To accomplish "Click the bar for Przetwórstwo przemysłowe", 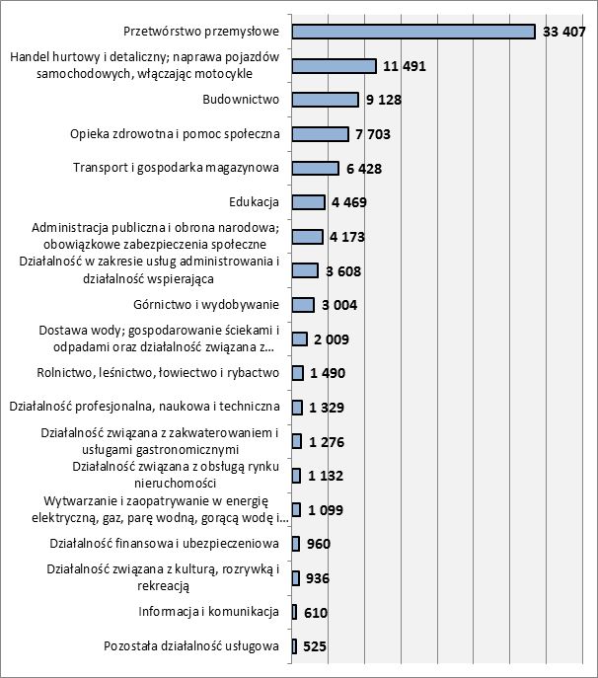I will pos(413,32).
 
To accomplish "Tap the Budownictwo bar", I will pos(326,100).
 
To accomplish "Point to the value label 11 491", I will pos(405,66).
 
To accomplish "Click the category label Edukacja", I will pos(254,202).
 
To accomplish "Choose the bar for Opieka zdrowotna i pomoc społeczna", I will pos(321,134).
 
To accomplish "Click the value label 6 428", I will pos(366,169).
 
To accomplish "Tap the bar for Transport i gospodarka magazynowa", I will pos(316,168).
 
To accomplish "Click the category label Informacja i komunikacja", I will pos(209,612).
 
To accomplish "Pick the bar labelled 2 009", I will pos(300,339).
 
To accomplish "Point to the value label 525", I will pos(315,647).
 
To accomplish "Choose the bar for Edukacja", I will pos(309,202).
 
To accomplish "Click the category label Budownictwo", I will pos(242,100).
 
